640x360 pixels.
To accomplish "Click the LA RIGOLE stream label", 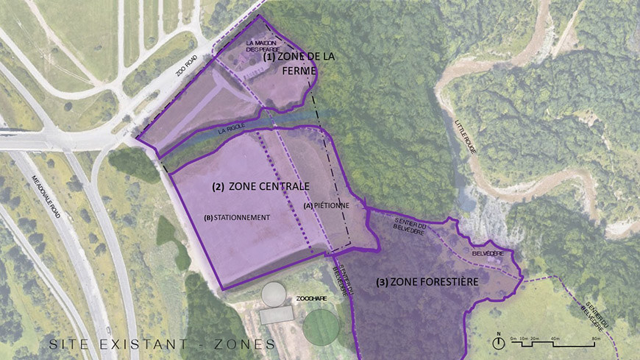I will click(x=231, y=130).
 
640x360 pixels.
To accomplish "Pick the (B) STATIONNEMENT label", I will click(x=238, y=217).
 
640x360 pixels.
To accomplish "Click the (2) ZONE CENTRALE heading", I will click(x=260, y=186).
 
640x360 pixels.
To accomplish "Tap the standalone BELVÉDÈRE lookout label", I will click(x=488, y=253).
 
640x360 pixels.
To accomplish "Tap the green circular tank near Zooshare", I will click(x=321, y=325).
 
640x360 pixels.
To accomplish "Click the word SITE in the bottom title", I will click(x=70, y=345).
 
